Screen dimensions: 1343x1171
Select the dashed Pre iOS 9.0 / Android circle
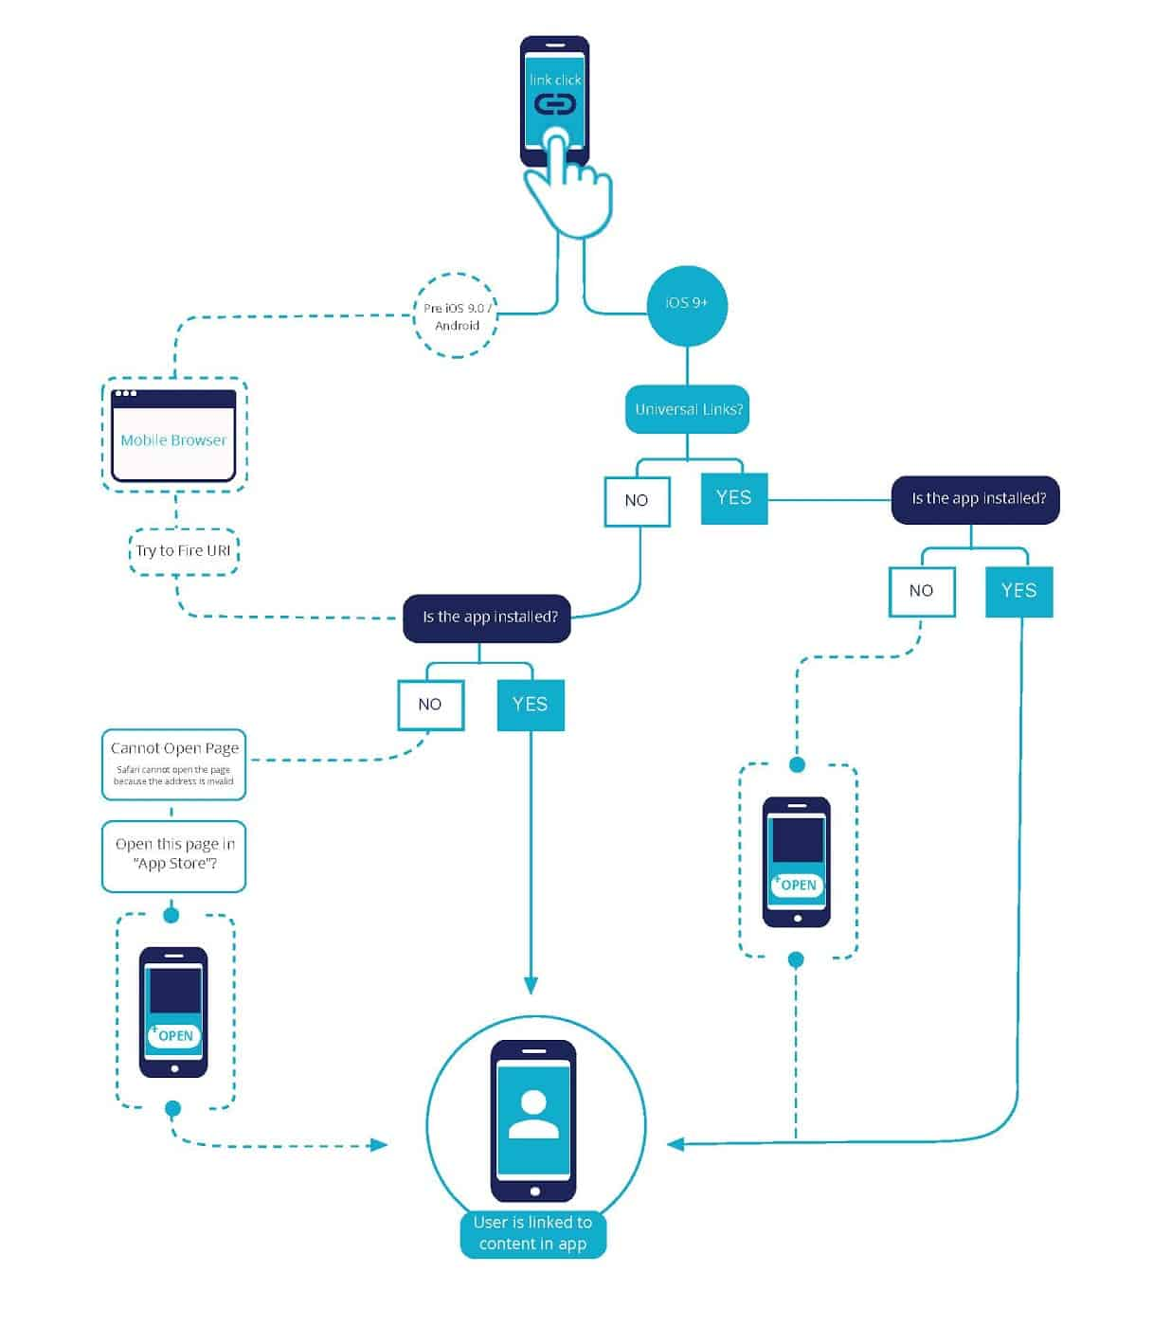pyautogui.click(x=456, y=316)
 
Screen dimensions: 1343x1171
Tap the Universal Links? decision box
pyautogui.click(x=687, y=409)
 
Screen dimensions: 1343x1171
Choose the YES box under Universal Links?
pyautogui.click(x=733, y=498)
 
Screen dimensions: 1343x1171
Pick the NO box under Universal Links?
pyautogui.click(x=637, y=500)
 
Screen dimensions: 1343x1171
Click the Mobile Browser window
pyautogui.click(x=173, y=437)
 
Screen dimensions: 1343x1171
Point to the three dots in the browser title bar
pyautogui.click(x=125, y=394)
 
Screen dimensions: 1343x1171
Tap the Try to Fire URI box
pyautogui.click(x=183, y=551)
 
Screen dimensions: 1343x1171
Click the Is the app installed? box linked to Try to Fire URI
pyautogui.click(x=487, y=618)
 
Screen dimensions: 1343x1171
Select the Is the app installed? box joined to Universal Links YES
pyautogui.click(x=976, y=499)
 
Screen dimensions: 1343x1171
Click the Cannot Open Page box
pyautogui.click(x=174, y=763)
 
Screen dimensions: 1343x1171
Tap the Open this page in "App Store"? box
pyautogui.click(x=174, y=854)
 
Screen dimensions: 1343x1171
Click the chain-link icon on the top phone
pyautogui.click(x=554, y=104)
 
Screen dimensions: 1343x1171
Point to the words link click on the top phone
pyautogui.click(x=554, y=81)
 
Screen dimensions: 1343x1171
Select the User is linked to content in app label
pyautogui.click(x=532, y=1233)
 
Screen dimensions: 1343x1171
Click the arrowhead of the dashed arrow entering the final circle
pyautogui.click(x=379, y=1145)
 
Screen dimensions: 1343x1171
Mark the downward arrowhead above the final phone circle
pyautogui.click(x=531, y=985)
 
